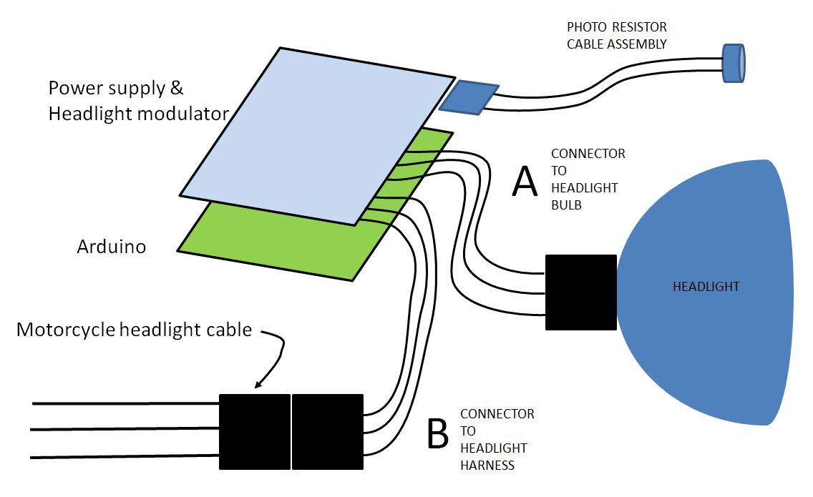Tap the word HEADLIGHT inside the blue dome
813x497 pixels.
click(706, 287)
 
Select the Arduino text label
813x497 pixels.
click(112, 247)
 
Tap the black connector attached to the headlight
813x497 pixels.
click(580, 292)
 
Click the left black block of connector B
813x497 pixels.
click(254, 431)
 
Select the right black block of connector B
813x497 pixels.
click(328, 431)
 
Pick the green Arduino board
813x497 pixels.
click(279, 243)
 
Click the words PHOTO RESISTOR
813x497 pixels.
click(616, 27)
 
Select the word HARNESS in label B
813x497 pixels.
click(487, 465)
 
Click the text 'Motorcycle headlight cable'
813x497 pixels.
click(134, 330)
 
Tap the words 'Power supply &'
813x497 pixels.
click(116, 88)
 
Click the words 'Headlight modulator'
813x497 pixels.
click(138, 113)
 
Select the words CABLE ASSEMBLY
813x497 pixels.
click(616, 44)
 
